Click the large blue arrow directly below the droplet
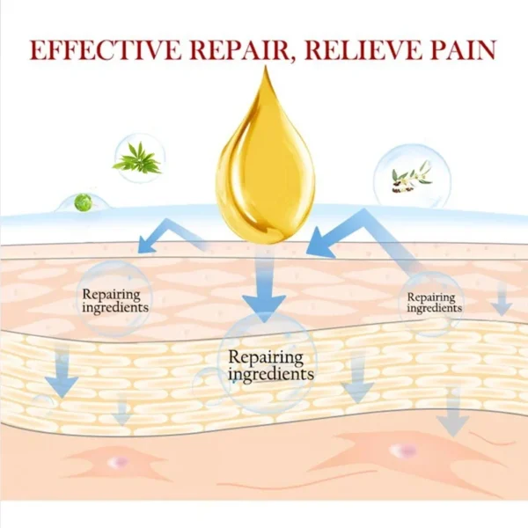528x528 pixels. point(265,290)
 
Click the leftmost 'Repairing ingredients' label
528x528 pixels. point(114,301)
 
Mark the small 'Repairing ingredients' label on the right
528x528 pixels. point(434,303)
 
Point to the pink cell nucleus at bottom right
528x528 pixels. point(404,451)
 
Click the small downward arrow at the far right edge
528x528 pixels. point(502,299)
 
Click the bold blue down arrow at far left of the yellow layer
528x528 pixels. point(62,374)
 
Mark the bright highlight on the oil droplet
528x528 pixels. point(233,172)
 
